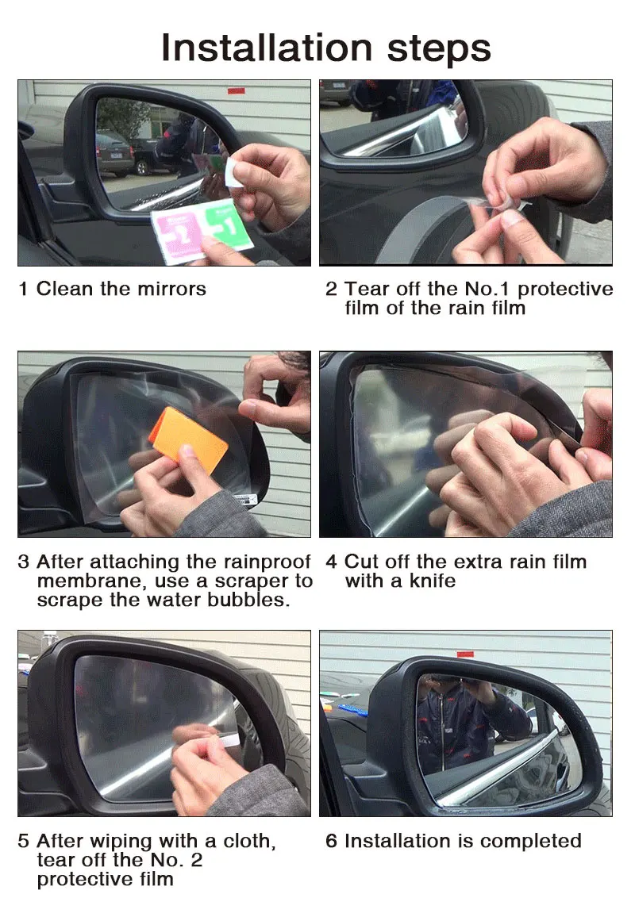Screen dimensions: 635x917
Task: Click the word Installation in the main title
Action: pos(266,48)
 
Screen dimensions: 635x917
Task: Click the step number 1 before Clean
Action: pos(23,289)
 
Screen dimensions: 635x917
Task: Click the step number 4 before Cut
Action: pos(331,562)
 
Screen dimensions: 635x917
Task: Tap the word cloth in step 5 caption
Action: pos(248,841)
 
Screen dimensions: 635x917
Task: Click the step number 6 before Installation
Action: pos(331,841)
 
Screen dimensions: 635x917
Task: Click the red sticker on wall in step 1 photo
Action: pos(236,91)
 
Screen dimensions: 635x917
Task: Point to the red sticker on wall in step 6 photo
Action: pos(465,654)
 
